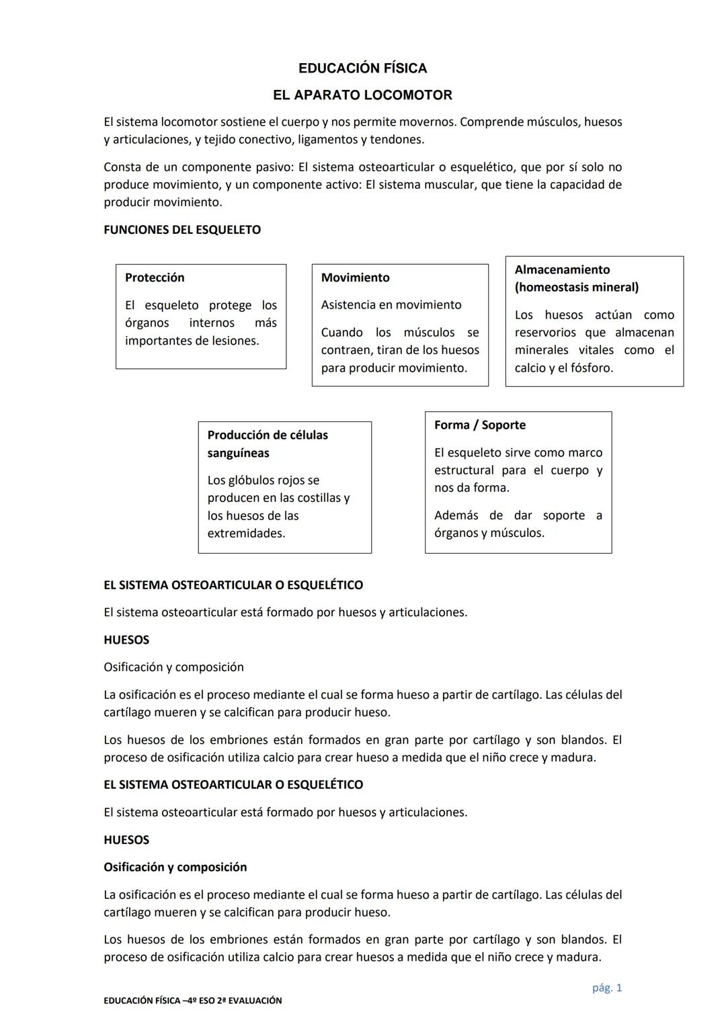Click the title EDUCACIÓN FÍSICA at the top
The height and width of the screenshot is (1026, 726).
(x=362, y=68)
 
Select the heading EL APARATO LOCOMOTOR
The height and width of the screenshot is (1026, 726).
(x=362, y=95)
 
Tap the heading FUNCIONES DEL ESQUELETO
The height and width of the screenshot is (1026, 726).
(x=182, y=230)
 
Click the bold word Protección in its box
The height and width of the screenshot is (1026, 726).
(x=155, y=277)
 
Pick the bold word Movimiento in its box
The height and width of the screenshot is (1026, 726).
(x=355, y=277)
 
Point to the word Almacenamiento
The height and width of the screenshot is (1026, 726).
(x=562, y=269)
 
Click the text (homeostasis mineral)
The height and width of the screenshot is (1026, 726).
(x=577, y=288)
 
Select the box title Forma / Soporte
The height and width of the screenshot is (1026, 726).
(x=480, y=425)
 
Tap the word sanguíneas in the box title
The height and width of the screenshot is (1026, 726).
(x=238, y=453)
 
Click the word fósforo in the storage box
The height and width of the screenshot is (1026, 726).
(x=591, y=368)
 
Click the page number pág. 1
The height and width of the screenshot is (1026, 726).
(x=607, y=988)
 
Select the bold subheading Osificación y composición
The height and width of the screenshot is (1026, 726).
(x=175, y=867)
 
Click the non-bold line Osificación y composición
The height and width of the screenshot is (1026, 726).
(x=173, y=667)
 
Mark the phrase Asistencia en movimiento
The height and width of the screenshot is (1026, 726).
(x=391, y=304)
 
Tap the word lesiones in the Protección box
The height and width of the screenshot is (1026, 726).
(x=233, y=341)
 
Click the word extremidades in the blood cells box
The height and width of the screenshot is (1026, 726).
(x=246, y=533)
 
